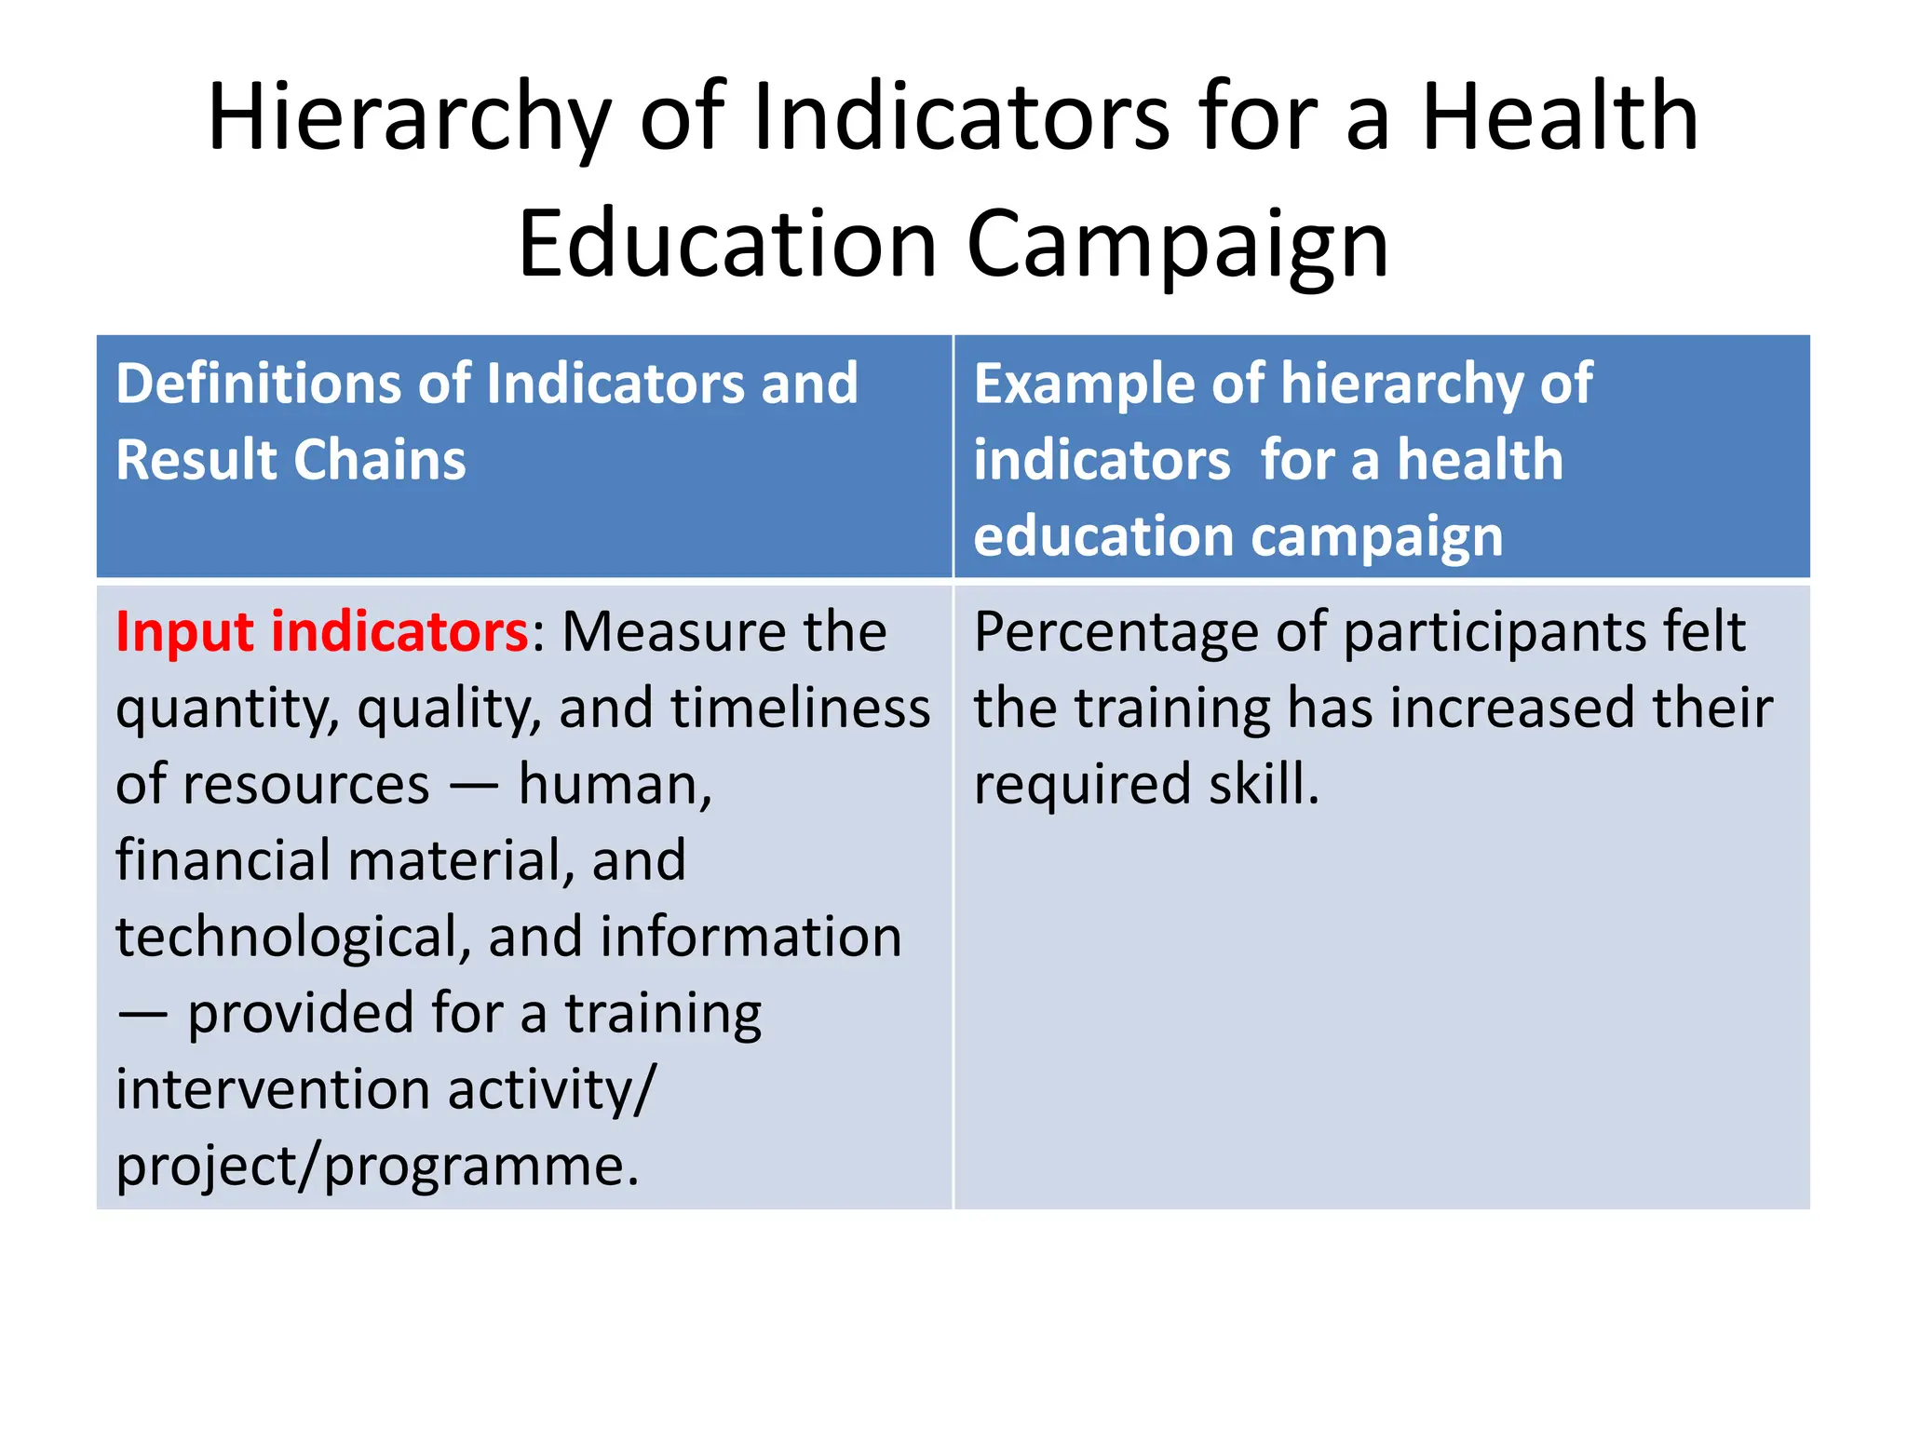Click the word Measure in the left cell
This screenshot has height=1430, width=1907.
click(x=672, y=632)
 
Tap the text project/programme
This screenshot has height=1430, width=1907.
click(x=377, y=1166)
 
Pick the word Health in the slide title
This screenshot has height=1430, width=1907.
click(x=1561, y=119)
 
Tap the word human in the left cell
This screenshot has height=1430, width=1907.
click(x=615, y=785)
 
